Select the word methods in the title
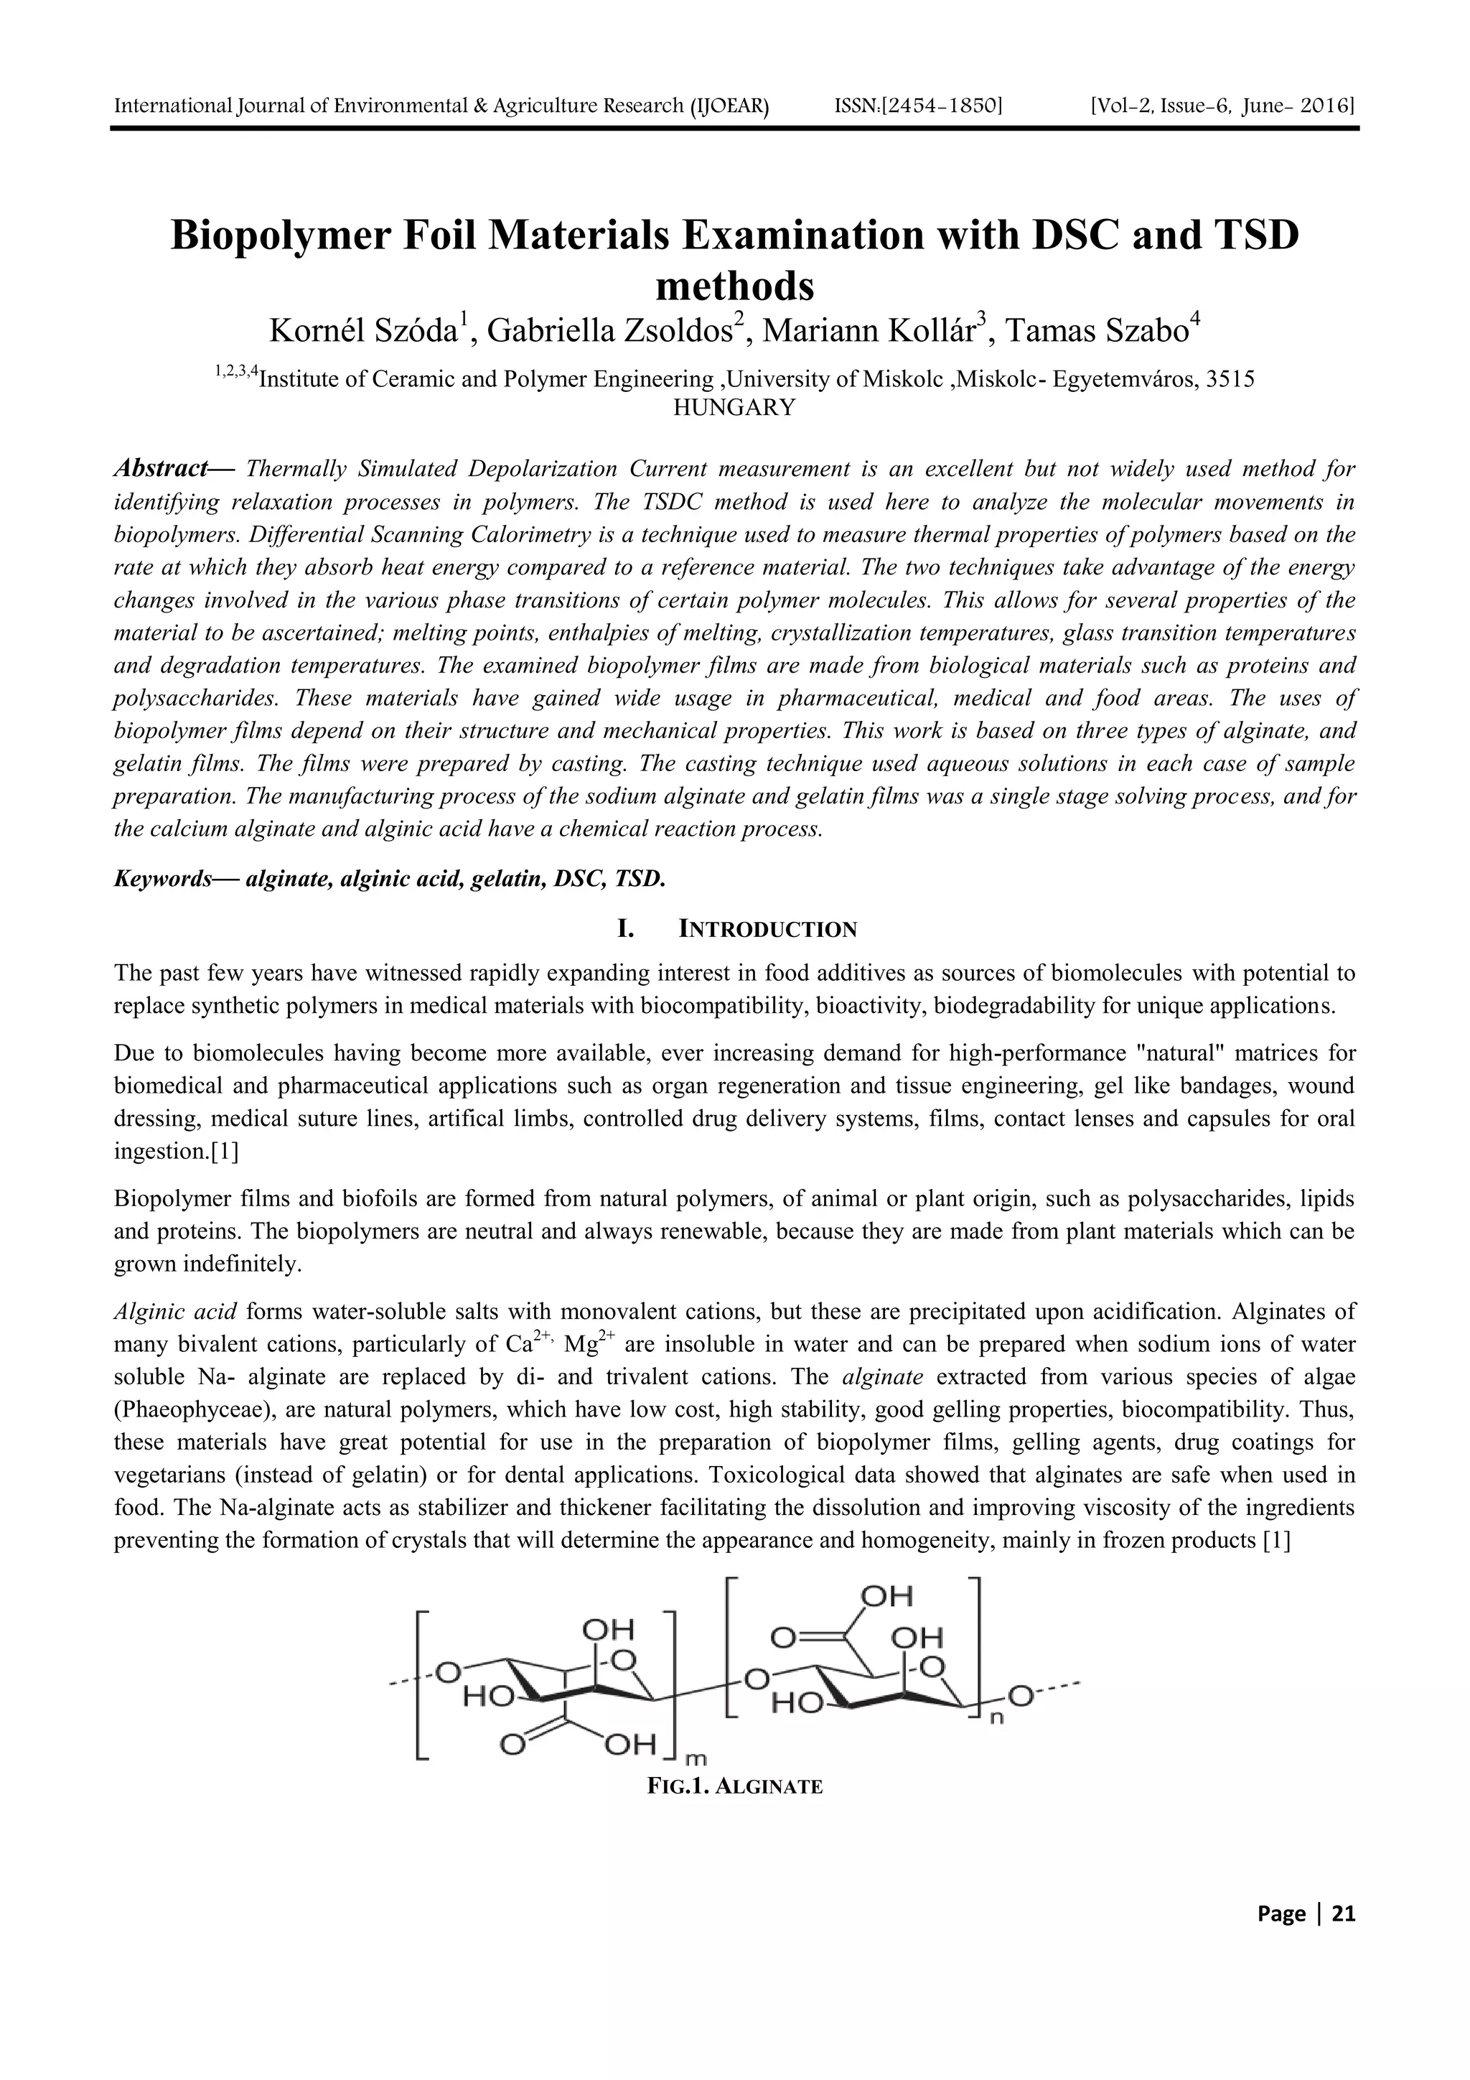click(x=734, y=287)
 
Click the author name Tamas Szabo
click(x=1101, y=331)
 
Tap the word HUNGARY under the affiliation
click(x=734, y=408)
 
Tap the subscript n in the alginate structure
click(x=996, y=1720)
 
